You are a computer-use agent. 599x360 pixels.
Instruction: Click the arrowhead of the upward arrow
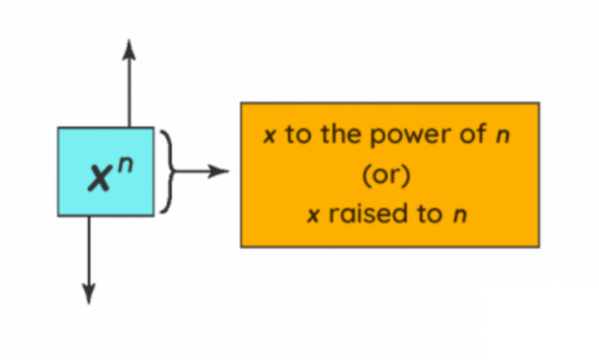tap(129, 48)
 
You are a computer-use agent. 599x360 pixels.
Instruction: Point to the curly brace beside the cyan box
tap(167, 171)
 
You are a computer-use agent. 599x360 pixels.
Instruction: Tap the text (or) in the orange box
tap(389, 175)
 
